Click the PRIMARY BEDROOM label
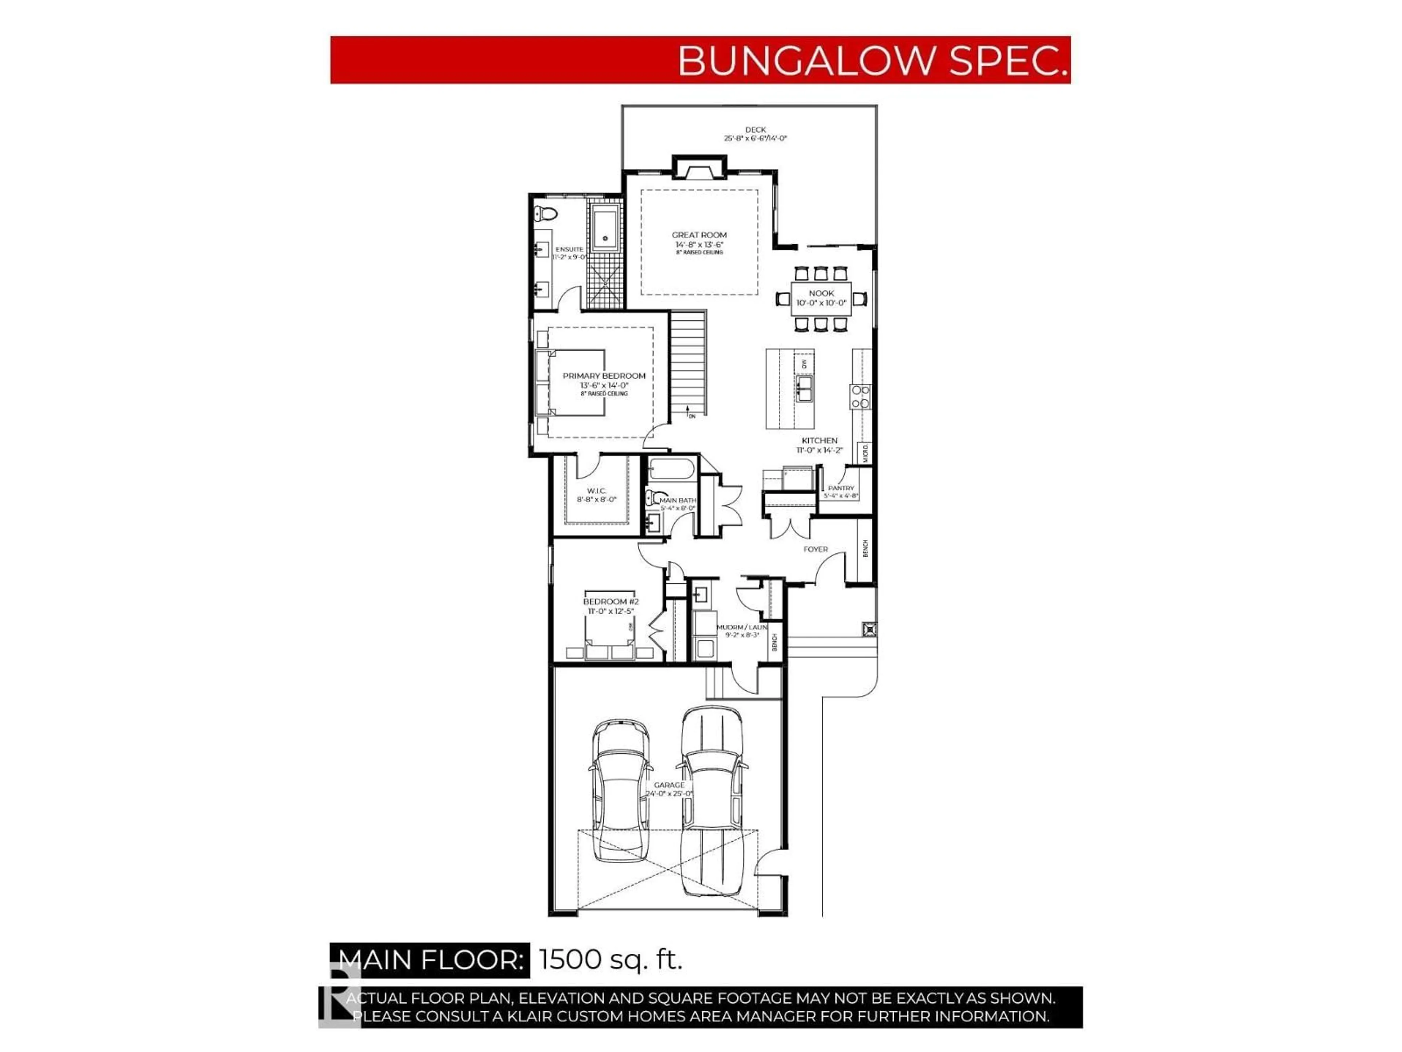(604, 376)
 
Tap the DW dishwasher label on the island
(804, 364)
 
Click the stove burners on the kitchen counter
(860, 396)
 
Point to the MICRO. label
(865, 453)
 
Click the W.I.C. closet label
(597, 491)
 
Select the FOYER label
(815, 549)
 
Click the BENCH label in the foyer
(865, 549)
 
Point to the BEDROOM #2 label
(610, 601)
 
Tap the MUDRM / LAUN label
(742, 627)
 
